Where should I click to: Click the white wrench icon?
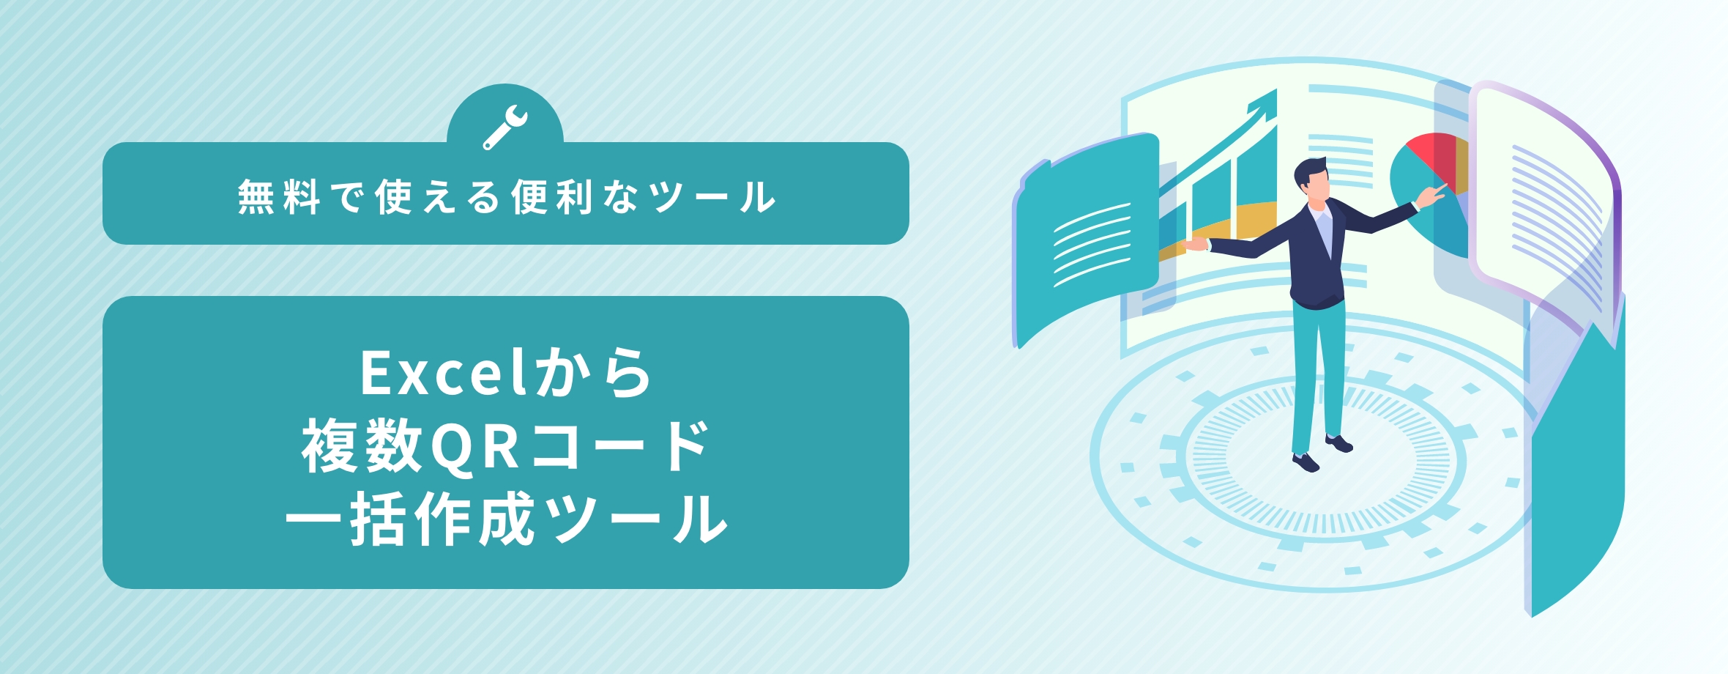[505, 127]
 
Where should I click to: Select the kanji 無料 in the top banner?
[279, 197]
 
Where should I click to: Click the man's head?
[1311, 179]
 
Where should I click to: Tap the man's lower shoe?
[1306, 462]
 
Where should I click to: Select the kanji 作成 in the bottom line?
[475, 519]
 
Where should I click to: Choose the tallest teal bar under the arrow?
[1256, 183]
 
